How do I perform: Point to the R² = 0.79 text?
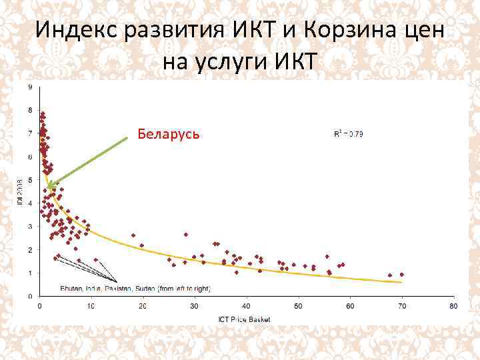click(x=348, y=135)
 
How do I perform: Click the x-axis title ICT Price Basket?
click(x=244, y=320)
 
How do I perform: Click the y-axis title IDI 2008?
click(x=20, y=191)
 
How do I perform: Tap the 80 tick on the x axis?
click(x=453, y=307)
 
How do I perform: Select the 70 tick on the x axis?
click(x=401, y=307)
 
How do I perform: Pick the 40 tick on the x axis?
click(x=247, y=307)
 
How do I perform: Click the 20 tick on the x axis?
click(x=143, y=307)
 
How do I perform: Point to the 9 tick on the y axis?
click(x=29, y=87)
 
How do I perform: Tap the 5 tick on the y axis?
click(x=29, y=180)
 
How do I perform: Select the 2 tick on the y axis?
click(x=29, y=249)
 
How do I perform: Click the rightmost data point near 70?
click(x=401, y=274)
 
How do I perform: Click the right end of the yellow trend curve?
click(x=401, y=282)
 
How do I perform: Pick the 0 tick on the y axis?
click(x=29, y=295)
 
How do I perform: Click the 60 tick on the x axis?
click(x=350, y=307)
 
